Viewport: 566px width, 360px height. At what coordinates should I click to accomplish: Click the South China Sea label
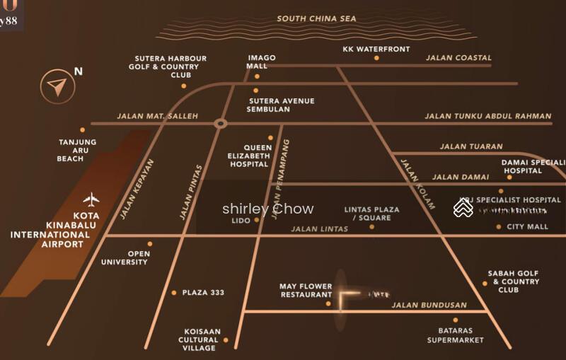tap(316, 19)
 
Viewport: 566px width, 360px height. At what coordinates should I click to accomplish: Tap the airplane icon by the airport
tap(91, 199)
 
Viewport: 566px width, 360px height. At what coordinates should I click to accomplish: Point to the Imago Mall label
tap(261, 62)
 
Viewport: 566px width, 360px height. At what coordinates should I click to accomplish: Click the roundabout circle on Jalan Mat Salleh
tap(221, 124)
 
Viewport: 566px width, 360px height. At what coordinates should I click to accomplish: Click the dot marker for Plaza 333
tap(174, 292)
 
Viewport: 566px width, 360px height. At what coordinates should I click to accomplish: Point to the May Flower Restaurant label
tap(306, 291)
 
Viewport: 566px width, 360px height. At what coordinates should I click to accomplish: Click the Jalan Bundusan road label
tap(429, 306)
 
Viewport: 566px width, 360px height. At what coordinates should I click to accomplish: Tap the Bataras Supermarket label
tap(456, 335)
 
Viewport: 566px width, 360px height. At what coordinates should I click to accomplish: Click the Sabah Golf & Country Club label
tap(513, 281)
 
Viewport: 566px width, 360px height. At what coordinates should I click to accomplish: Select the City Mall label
tap(527, 227)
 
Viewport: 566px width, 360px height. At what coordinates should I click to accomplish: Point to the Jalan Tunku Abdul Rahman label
tap(487, 116)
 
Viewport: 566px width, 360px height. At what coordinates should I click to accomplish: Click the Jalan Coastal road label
tap(458, 58)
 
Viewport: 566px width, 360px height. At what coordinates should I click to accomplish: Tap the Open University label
tap(128, 258)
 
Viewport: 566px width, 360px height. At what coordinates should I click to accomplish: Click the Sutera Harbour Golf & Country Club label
tap(172, 66)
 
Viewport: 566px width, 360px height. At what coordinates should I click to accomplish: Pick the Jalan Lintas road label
tap(320, 229)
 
